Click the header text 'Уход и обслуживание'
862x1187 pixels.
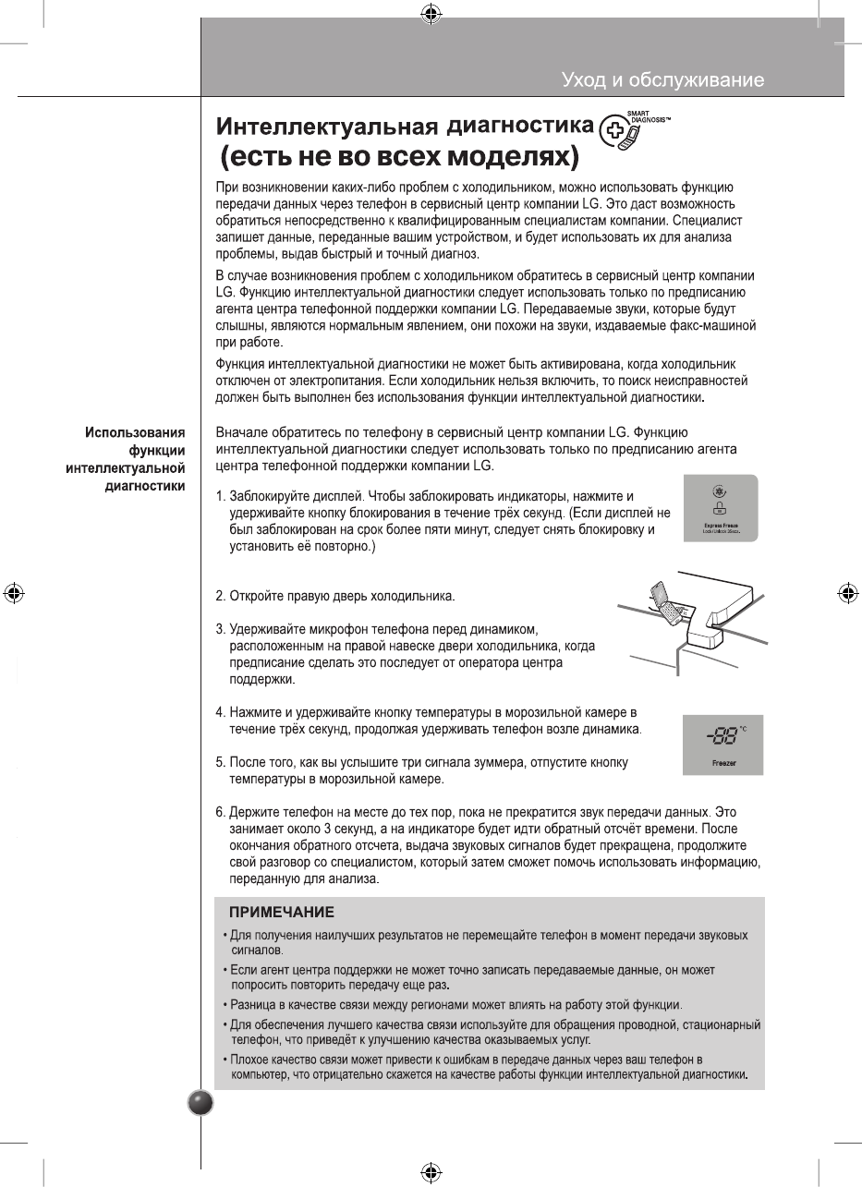click(x=662, y=80)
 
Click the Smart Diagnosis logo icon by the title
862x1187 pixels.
click(x=617, y=132)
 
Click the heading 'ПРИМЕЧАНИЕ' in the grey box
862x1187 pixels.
click(x=281, y=913)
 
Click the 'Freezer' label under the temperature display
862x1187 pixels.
click(x=723, y=764)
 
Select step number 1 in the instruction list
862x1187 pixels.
click(x=221, y=497)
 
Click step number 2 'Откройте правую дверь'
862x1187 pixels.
click(x=221, y=595)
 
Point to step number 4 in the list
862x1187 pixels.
click(x=221, y=713)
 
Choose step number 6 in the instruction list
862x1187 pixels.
click(x=221, y=811)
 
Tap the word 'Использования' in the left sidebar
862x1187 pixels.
click(x=135, y=432)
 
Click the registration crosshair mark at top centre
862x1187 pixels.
click(x=430, y=14)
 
